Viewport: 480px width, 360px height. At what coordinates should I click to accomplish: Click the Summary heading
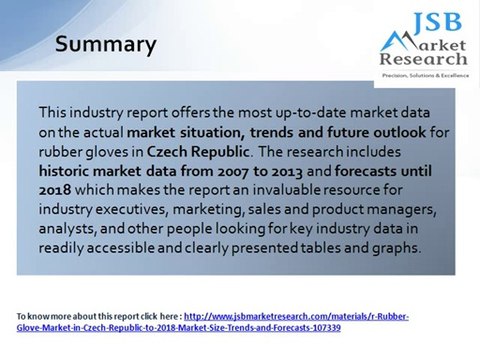(105, 45)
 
